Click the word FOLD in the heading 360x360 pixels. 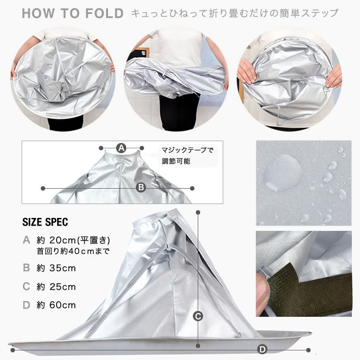point(105,13)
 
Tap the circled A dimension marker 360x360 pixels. point(121,148)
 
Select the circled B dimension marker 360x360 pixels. point(141,188)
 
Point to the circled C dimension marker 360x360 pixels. point(198,317)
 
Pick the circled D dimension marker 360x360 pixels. point(263,349)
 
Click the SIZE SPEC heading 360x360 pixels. point(45,222)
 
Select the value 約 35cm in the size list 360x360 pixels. point(56,268)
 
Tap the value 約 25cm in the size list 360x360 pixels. point(56,287)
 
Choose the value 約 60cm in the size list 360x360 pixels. point(56,305)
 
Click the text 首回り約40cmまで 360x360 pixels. point(73,251)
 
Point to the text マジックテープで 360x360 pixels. point(188,150)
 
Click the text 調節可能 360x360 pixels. point(176,161)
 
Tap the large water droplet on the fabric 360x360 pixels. point(282,173)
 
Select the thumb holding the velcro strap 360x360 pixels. point(262,294)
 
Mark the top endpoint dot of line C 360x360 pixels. point(198,212)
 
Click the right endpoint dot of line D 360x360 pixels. point(308,350)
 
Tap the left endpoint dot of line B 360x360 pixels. point(43,188)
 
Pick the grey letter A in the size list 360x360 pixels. point(26,240)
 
